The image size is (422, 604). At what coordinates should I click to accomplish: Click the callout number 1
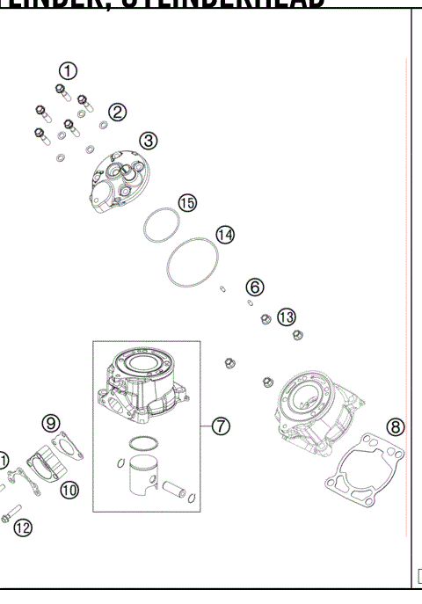pyautogui.click(x=69, y=70)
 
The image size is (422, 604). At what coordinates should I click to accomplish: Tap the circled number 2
pyautogui.click(x=118, y=112)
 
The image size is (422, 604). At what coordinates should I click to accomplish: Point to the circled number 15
pyautogui.click(x=187, y=202)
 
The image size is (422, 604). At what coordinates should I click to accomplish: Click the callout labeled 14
pyautogui.click(x=225, y=235)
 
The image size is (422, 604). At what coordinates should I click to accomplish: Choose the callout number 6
pyautogui.click(x=254, y=287)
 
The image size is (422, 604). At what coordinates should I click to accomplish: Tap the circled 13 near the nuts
pyautogui.click(x=287, y=317)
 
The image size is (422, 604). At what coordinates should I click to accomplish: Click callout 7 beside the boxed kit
pyautogui.click(x=221, y=426)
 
